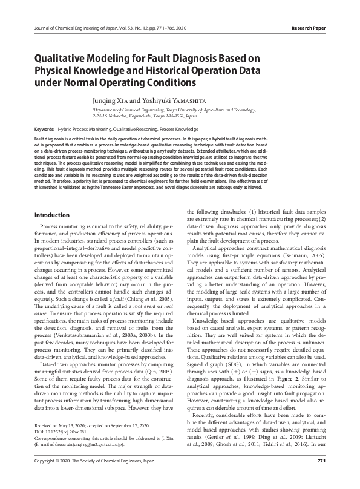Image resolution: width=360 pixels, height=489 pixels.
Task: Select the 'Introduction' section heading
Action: click(53, 215)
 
